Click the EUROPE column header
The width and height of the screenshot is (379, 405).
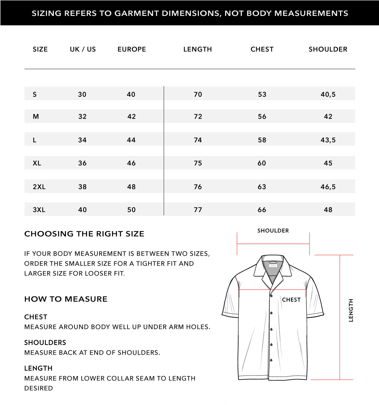132,49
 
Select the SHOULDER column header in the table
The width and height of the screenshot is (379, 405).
328,49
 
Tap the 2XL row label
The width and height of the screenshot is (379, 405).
39,187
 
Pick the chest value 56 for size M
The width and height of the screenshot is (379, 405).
262,116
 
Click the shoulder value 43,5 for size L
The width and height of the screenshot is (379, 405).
328,140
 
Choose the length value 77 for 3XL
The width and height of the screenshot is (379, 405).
198,210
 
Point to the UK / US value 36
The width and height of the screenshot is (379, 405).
82,163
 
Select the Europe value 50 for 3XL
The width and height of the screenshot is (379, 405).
131,210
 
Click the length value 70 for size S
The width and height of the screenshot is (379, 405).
198,94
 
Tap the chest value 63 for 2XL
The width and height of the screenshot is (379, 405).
262,187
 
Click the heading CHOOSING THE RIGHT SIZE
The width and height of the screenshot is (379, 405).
84,234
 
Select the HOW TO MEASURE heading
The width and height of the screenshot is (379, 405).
66,299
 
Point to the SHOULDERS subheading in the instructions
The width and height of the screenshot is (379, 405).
45,343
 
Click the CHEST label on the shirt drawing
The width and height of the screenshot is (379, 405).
291,300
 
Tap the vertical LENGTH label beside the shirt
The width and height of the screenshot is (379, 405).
351,310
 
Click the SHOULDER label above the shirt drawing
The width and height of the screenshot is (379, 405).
273,230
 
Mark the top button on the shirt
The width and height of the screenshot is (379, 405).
271,296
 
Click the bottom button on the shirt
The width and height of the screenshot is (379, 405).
271,360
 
